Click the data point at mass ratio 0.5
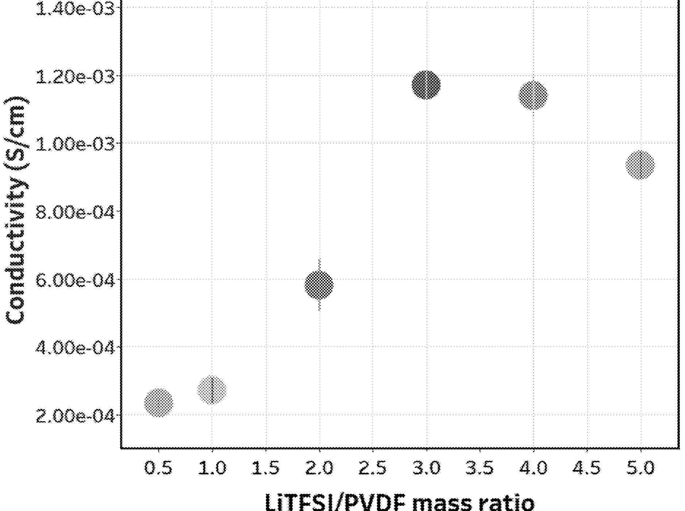point(158,402)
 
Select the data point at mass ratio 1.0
point(212,390)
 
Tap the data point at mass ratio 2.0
point(319,284)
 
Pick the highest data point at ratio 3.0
point(426,85)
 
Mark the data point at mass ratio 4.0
point(533,95)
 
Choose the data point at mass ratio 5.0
point(640,165)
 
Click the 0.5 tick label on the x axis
point(158,468)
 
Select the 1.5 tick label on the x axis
point(265,468)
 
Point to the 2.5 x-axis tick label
point(372,468)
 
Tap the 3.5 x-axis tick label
point(479,468)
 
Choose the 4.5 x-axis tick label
point(586,468)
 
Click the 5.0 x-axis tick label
point(640,468)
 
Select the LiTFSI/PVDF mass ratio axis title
point(399,502)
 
